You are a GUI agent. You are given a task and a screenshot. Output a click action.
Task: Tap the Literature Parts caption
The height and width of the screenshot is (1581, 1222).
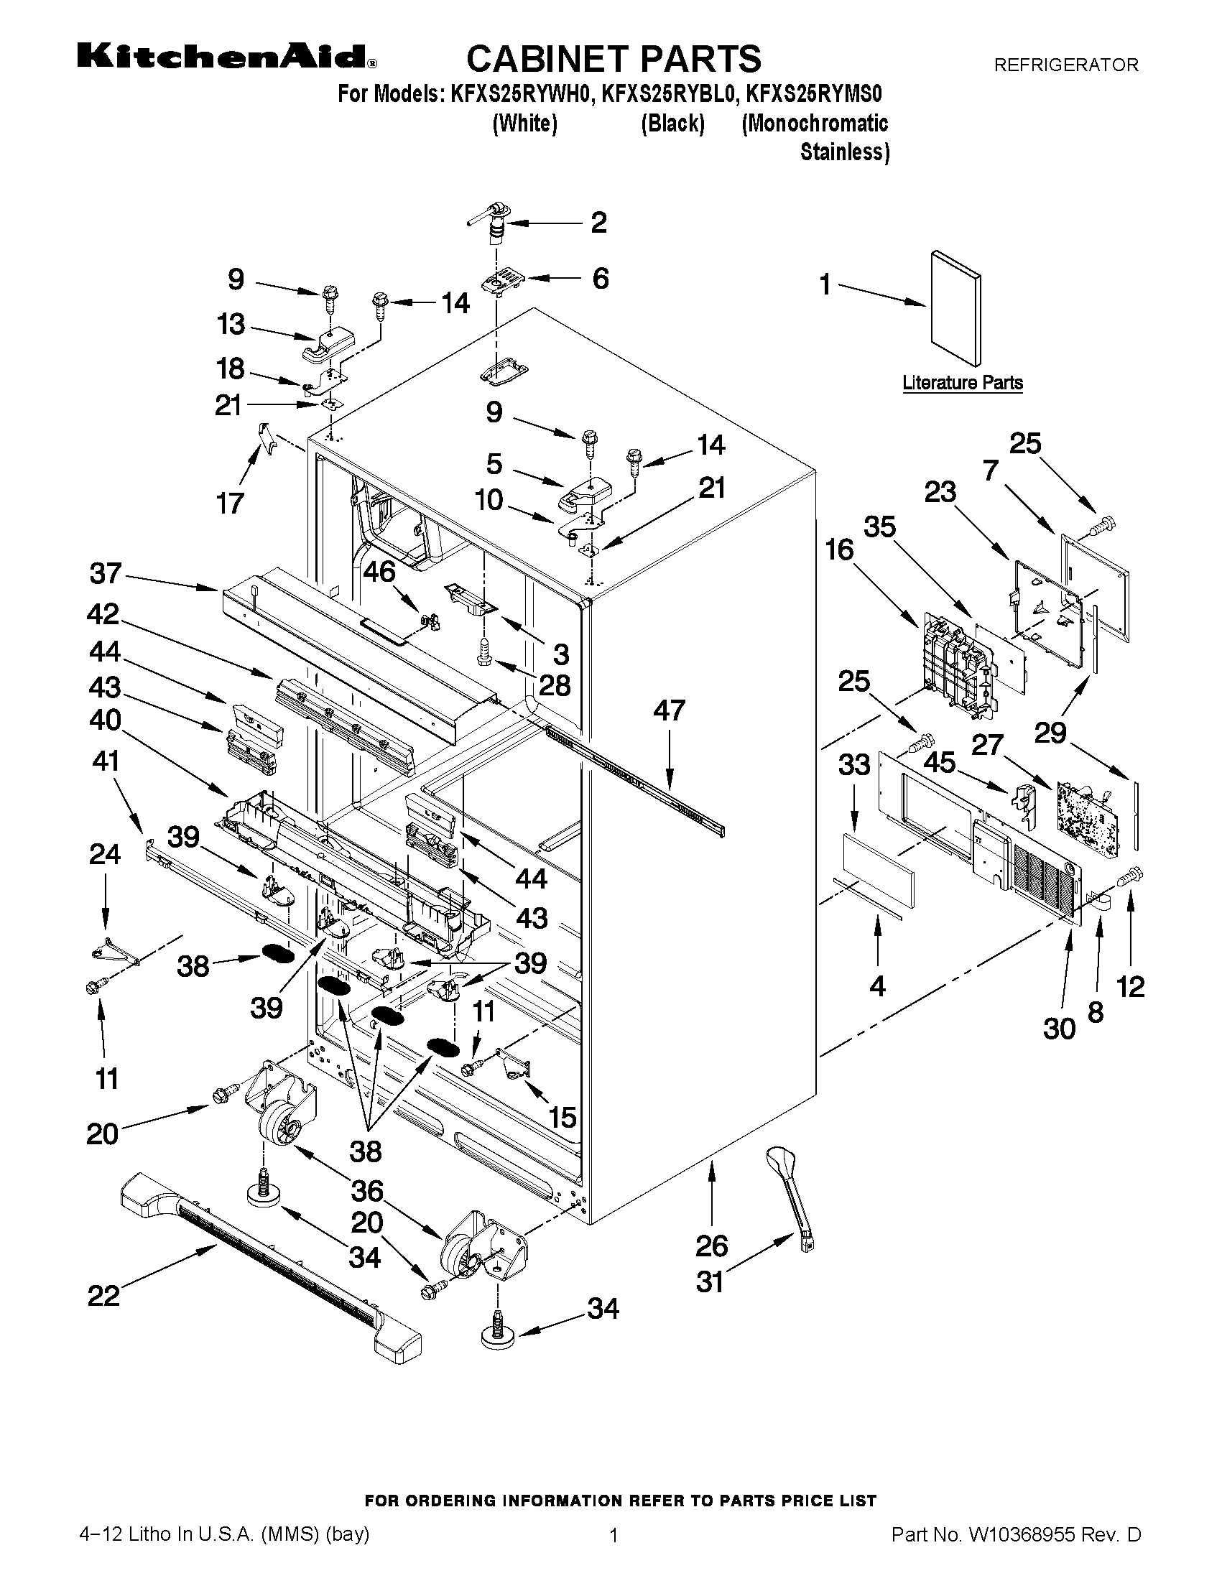(962, 383)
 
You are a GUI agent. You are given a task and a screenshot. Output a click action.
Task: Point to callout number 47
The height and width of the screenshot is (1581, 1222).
(668, 710)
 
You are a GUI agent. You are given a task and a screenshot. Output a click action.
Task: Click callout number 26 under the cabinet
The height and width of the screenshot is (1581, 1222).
(712, 1245)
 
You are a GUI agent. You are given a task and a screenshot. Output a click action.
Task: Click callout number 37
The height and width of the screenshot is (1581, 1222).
(106, 574)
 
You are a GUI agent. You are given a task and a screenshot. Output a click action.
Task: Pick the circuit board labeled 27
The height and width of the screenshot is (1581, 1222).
(1086, 815)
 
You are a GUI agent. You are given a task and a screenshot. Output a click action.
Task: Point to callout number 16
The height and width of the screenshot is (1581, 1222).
(840, 550)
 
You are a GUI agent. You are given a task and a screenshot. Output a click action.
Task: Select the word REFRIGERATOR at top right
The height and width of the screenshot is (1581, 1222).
(1065, 65)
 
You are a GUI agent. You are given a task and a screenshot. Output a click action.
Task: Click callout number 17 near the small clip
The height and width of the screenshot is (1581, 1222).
(230, 502)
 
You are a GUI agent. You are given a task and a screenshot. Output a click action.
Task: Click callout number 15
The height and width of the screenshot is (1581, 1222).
(562, 1117)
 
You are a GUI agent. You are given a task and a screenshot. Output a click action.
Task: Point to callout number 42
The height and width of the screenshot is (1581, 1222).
(103, 615)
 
